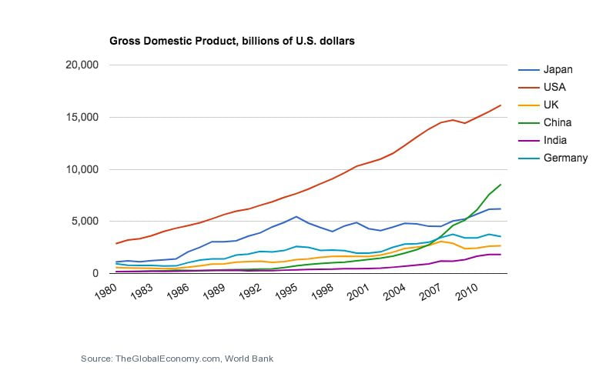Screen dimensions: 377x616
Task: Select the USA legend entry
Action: click(x=554, y=87)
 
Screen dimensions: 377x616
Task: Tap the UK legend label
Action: click(x=551, y=105)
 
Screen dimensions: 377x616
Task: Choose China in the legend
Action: click(x=557, y=122)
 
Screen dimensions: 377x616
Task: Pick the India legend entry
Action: click(x=554, y=140)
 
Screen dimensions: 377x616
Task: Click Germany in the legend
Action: click(x=565, y=158)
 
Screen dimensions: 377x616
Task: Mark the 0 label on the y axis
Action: click(x=95, y=273)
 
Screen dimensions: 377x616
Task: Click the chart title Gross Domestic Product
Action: click(x=232, y=41)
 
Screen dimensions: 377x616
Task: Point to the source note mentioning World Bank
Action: click(x=177, y=359)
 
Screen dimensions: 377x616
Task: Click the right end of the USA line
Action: click(x=500, y=105)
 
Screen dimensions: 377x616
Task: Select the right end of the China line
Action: click(x=500, y=185)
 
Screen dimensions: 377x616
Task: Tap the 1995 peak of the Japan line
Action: click(x=297, y=217)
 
